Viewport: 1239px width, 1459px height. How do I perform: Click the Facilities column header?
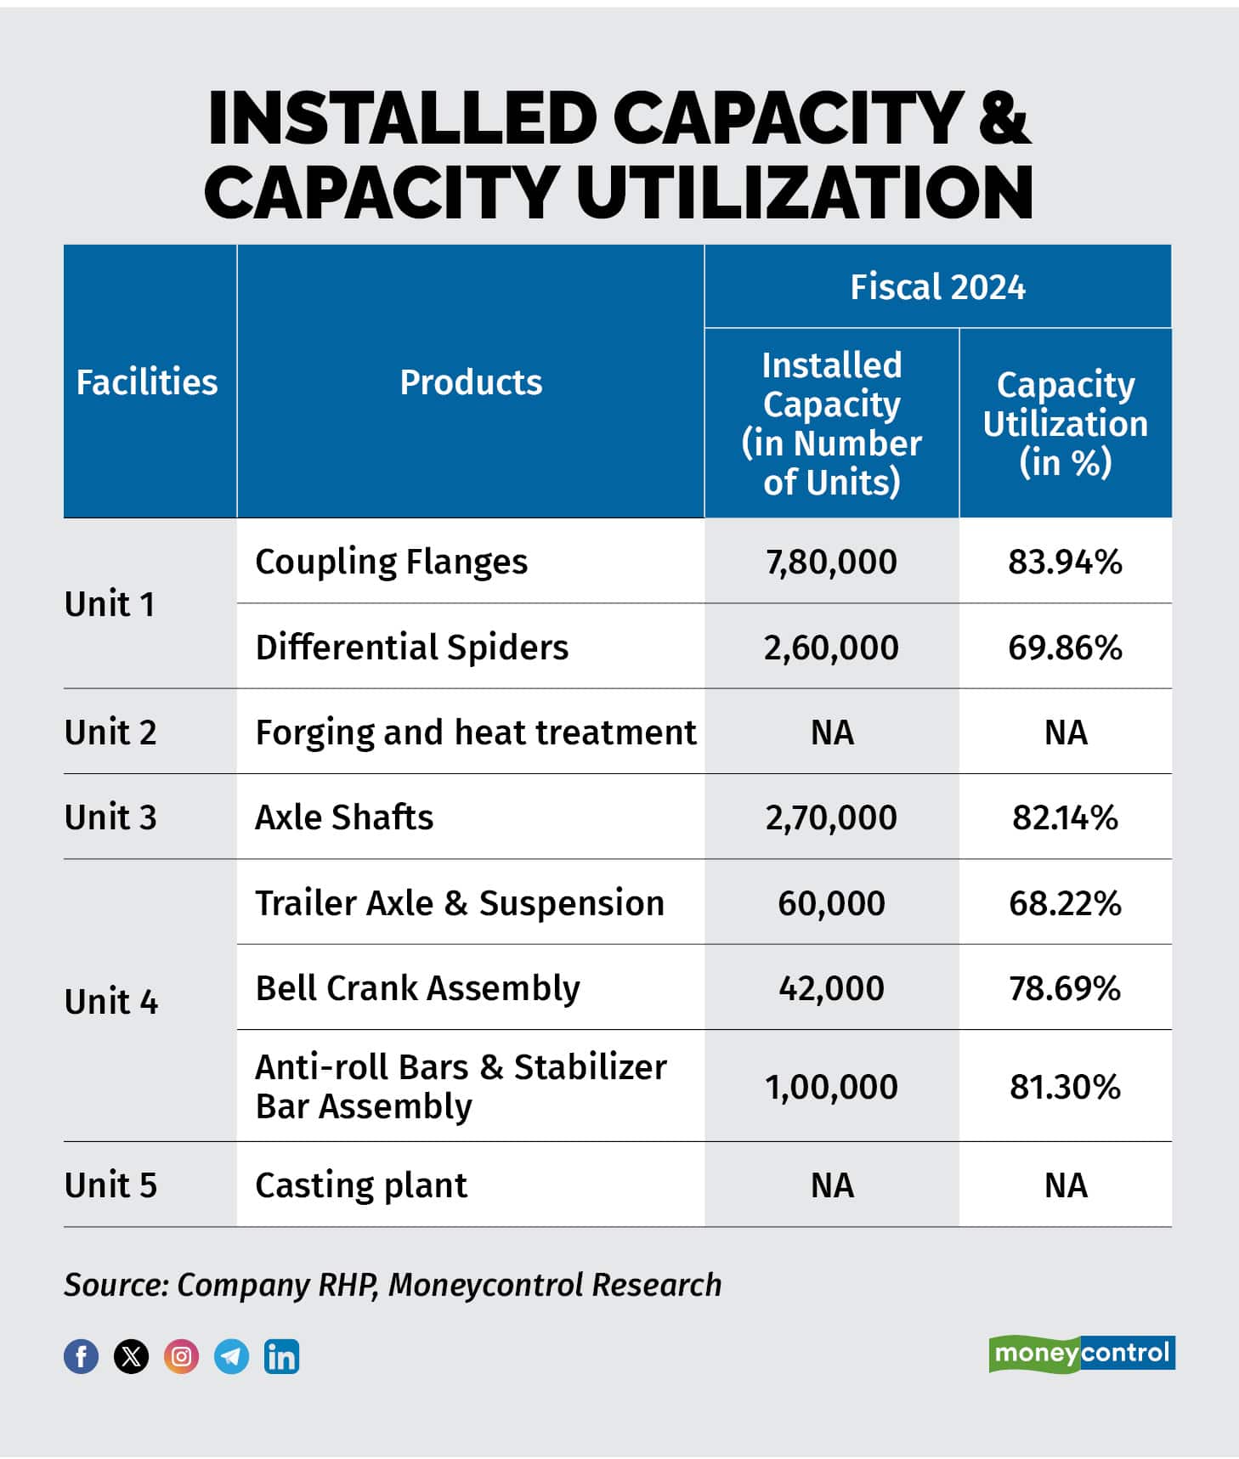(x=147, y=382)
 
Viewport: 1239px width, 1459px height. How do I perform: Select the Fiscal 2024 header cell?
(x=937, y=287)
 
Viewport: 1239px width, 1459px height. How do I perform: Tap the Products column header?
(x=471, y=382)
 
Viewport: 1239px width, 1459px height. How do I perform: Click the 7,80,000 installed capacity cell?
(x=831, y=562)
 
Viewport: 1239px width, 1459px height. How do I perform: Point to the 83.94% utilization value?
(x=1065, y=562)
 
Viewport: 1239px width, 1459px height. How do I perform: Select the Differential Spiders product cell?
(x=411, y=648)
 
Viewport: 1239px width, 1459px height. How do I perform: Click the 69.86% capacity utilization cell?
(x=1065, y=648)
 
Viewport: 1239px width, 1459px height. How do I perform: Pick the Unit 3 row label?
(x=110, y=817)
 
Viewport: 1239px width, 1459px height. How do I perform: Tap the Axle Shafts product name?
(x=344, y=817)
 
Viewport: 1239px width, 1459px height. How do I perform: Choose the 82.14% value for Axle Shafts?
(x=1065, y=817)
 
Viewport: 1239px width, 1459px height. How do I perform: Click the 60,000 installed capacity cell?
(x=831, y=902)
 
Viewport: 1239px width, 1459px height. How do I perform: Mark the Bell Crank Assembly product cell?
(x=417, y=988)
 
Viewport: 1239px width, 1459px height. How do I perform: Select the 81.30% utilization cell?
(x=1065, y=1087)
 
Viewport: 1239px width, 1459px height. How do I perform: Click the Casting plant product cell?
(x=361, y=1185)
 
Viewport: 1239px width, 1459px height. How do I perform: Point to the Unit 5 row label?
(x=110, y=1185)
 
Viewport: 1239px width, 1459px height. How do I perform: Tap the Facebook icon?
(x=81, y=1356)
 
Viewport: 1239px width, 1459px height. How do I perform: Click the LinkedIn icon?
(x=281, y=1356)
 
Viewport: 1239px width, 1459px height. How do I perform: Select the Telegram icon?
(x=231, y=1356)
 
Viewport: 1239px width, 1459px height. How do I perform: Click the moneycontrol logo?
(x=1081, y=1353)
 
